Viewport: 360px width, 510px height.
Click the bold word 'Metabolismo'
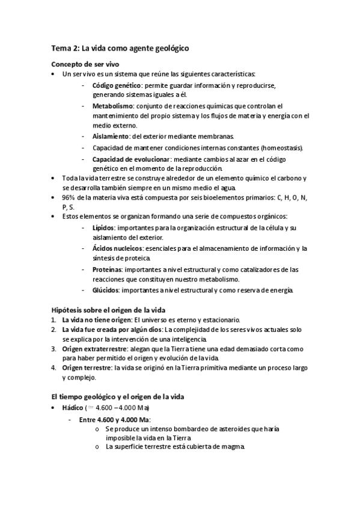112,106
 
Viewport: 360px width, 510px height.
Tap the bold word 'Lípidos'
103,229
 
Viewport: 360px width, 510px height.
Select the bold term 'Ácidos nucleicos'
117,249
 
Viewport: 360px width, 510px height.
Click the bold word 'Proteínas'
108,269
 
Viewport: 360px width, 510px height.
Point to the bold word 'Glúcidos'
106,290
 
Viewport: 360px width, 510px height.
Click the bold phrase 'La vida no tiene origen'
96,320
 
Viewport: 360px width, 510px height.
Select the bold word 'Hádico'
73,408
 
